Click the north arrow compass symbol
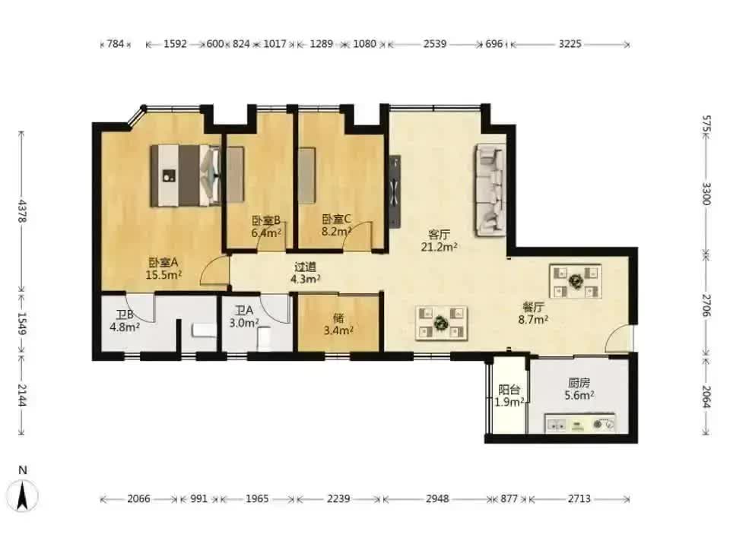(x=22, y=495)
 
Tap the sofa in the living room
(x=490, y=190)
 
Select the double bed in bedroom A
(x=186, y=175)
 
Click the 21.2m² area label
(x=439, y=247)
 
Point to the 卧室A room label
(x=163, y=263)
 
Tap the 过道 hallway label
(x=306, y=267)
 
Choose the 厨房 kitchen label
(x=579, y=383)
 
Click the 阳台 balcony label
(x=509, y=390)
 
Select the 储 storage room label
(x=338, y=318)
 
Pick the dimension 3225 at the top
(x=570, y=44)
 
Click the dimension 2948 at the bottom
(x=437, y=498)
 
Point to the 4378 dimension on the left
(x=22, y=211)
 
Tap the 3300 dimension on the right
(x=706, y=194)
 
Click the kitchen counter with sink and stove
(x=580, y=423)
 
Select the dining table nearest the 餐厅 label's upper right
(x=576, y=281)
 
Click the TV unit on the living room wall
(x=395, y=191)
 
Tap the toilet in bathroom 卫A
(x=264, y=338)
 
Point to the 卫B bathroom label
(x=124, y=315)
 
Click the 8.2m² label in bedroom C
(x=337, y=231)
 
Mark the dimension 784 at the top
(x=116, y=44)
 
